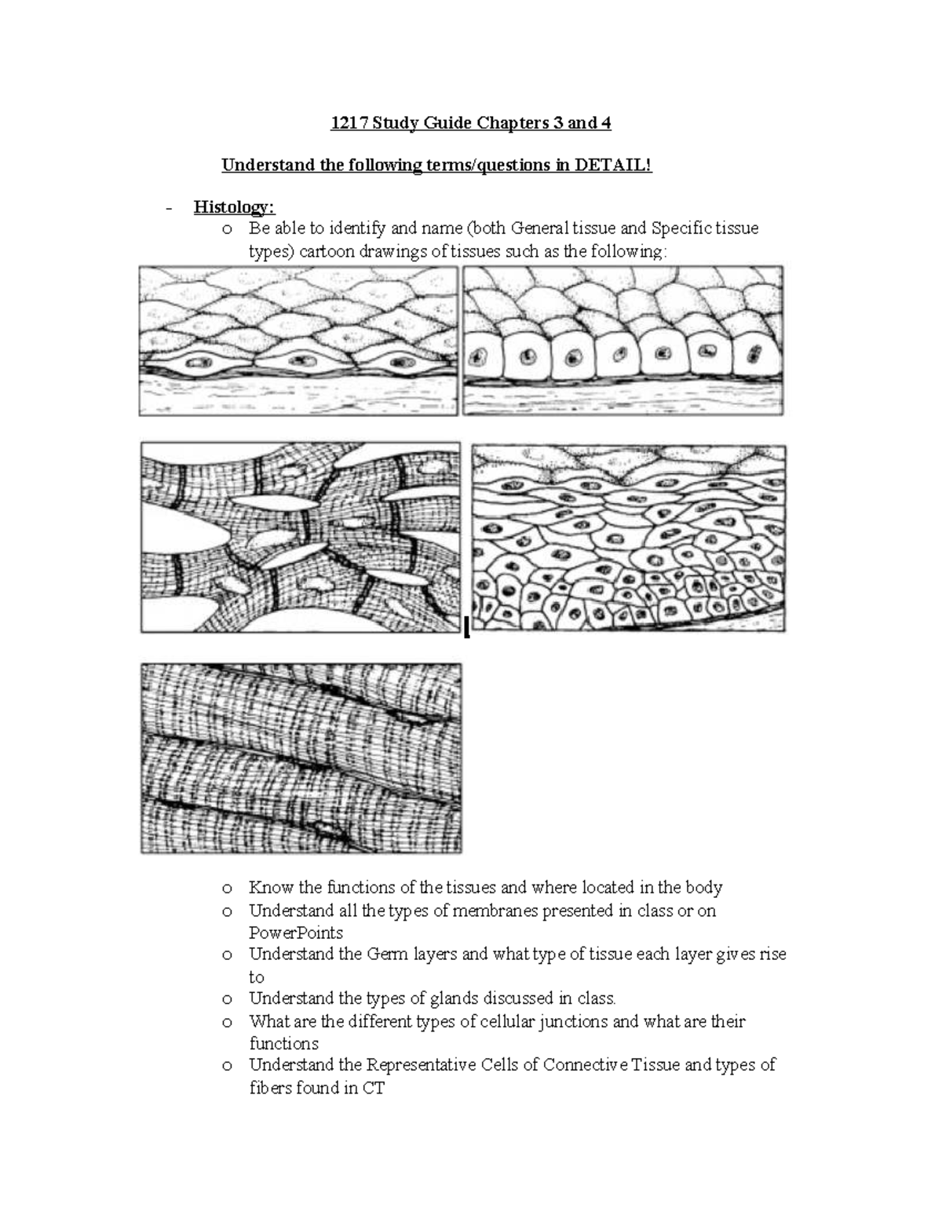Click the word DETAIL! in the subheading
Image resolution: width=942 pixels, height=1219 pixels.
613,166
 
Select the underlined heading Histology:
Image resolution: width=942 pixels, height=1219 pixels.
234,207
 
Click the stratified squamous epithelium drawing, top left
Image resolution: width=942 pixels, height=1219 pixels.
298,340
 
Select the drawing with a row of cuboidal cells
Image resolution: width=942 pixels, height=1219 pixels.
623,340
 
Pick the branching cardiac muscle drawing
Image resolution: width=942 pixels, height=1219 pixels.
301,537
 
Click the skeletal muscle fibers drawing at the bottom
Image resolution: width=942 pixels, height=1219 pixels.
301,758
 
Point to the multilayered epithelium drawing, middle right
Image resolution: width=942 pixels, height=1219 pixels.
628,538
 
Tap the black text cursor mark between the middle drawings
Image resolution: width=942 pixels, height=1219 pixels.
466,627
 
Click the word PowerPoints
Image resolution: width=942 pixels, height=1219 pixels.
296,933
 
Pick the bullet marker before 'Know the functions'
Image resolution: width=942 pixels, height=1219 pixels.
227,889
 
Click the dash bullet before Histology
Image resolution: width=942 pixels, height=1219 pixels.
169,208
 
